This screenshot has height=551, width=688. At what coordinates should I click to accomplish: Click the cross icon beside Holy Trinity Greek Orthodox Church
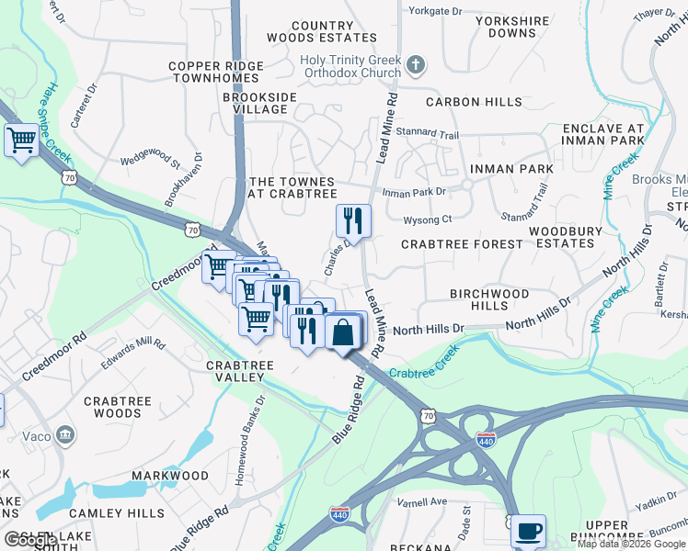[x=417, y=65]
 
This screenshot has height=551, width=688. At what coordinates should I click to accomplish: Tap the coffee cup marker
[x=528, y=531]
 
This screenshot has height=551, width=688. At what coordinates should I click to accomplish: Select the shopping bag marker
[x=342, y=332]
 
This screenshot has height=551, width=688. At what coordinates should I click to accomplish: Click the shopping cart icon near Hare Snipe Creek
[x=20, y=141]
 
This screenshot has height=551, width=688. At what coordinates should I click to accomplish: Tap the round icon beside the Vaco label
[x=64, y=433]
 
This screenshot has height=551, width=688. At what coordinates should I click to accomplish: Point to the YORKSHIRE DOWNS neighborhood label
[x=513, y=27]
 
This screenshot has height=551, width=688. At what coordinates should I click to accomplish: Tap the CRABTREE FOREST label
[x=462, y=244]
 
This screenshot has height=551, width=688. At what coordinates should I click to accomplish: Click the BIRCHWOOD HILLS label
[x=489, y=299]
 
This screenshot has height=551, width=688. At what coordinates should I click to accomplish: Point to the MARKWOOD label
[x=169, y=476]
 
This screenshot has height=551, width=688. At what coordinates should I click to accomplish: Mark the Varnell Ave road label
[x=421, y=502]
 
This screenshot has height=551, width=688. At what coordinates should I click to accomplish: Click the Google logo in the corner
[x=29, y=540]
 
